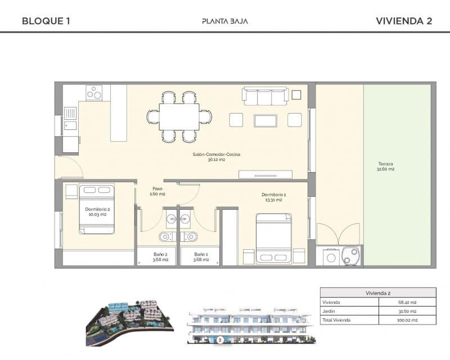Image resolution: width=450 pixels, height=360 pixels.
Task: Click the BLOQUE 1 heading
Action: click(x=46, y=21)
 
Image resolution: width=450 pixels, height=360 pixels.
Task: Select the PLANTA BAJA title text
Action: click(x=225, y=21)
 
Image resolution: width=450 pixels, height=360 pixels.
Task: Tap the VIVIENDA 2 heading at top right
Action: click(x=403, y=21)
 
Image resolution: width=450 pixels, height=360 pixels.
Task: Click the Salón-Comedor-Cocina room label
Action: click(x=209, y=156)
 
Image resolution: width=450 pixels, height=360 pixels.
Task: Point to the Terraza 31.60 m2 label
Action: click(x=386, y=166)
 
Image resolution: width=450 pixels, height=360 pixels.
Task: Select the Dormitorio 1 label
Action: click(x=271, y=197)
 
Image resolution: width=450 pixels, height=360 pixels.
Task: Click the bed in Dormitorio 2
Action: click(x=97, y=209)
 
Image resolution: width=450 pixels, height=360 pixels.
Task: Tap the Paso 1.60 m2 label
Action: click(x=157, y=191)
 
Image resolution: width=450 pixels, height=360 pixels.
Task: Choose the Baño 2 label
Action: click(x=161, y=256)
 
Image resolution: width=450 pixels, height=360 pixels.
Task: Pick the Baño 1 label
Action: click(x=201, y=256)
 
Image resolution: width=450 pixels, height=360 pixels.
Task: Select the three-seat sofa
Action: click(x=265, y=96)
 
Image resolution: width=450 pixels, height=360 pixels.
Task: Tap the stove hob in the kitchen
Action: click(x=94, y=93)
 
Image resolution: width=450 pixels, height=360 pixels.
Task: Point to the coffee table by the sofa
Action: click(x=265, y=120)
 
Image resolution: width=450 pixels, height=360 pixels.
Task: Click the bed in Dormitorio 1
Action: click(x=274, y=238)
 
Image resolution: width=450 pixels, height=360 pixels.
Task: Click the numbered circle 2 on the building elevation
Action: click(x=220, y=340)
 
